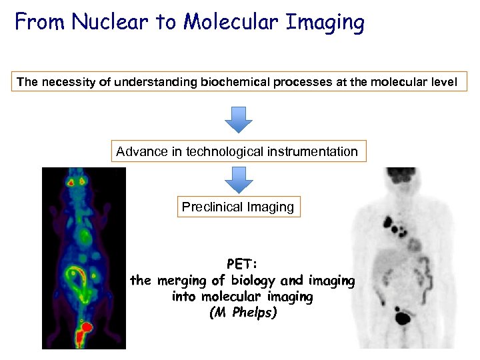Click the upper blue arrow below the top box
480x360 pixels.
click(239, 119)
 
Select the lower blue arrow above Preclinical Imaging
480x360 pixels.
click(239, 179)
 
